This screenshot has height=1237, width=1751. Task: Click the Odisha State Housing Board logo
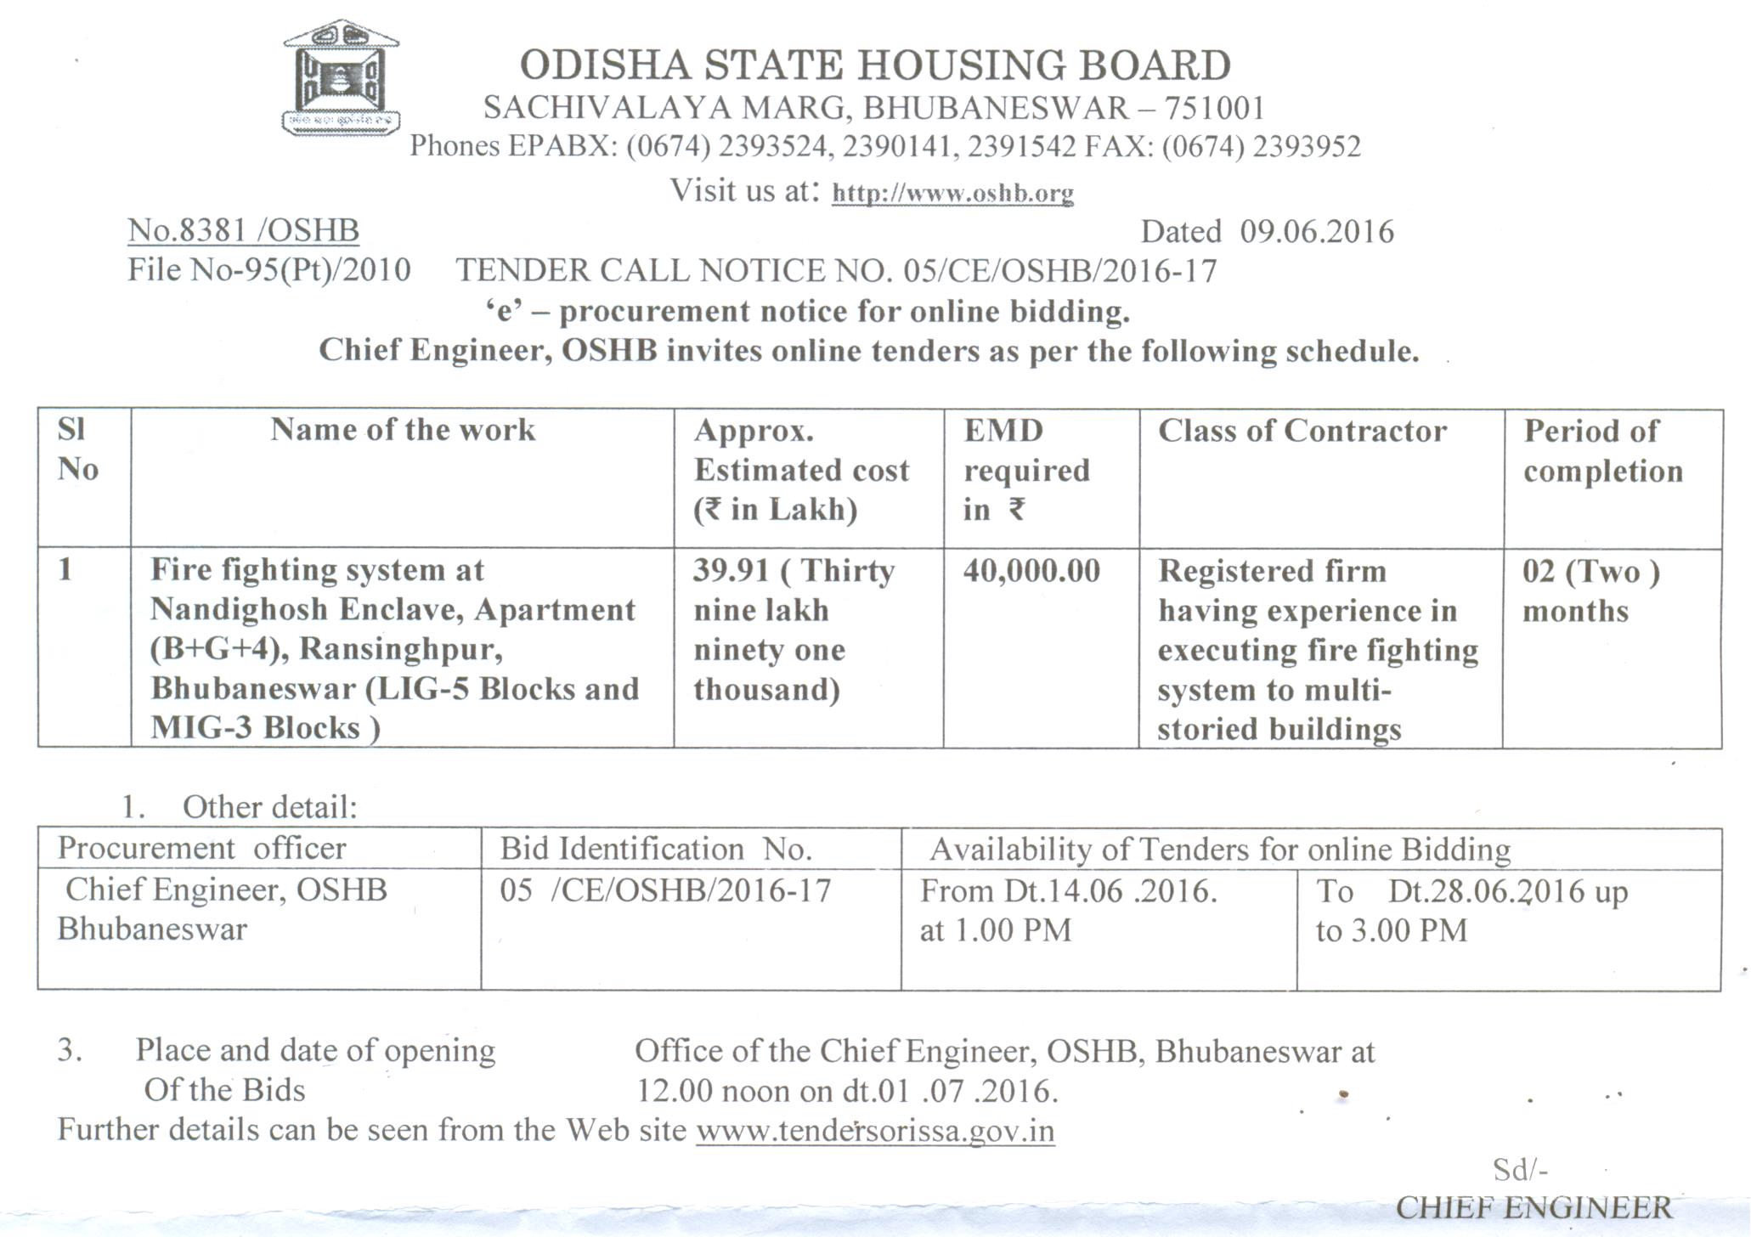point(341,78)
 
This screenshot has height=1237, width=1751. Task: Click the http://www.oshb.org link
point(952,194)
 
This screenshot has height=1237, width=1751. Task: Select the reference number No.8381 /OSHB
point(244,230)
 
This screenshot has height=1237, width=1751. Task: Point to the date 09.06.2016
point(1317,232)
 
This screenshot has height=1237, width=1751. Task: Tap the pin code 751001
point(1214,109)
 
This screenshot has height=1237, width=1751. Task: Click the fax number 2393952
point(1307,147)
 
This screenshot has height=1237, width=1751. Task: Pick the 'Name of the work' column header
point(403,430)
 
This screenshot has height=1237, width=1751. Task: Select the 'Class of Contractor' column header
point(1302,431)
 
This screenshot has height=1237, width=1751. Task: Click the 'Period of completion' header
point(1602,451)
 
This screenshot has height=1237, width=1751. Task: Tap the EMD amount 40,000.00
point(1031,571)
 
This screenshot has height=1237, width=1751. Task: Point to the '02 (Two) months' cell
point(1590,590)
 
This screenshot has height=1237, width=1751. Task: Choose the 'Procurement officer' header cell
point(202,848)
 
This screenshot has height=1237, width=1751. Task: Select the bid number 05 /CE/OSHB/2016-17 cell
point(665,890)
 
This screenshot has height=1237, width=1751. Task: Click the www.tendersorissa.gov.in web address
point(875,1131)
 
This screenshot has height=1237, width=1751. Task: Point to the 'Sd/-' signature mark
point(1520,1170)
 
